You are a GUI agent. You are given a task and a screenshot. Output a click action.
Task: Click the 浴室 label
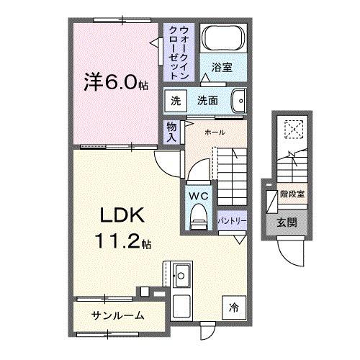point(221,68)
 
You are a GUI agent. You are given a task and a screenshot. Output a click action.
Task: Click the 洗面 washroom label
point(208,102)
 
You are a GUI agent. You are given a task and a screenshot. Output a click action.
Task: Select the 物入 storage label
point(171,132)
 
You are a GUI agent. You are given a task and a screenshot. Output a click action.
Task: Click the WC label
point(198,195)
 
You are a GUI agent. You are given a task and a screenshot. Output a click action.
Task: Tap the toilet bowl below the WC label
point(198,217)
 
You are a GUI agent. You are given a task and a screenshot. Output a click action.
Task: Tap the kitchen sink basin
point(181,274)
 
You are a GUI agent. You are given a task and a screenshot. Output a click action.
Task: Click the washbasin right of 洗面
point(240,101)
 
